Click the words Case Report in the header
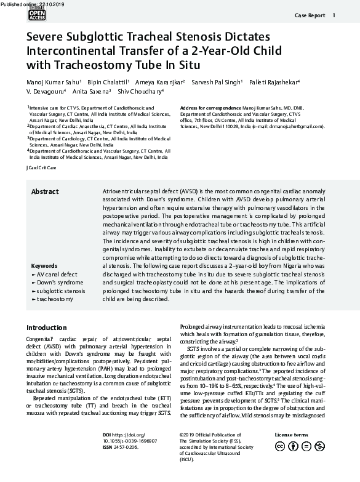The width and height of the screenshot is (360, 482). pos(309,15)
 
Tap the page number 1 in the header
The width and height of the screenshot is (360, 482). pos(334,15)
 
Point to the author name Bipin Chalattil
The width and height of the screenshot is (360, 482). pos(107,82)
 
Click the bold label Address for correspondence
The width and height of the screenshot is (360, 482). pos(210,108)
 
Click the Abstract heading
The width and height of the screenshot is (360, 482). pos(45,192)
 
